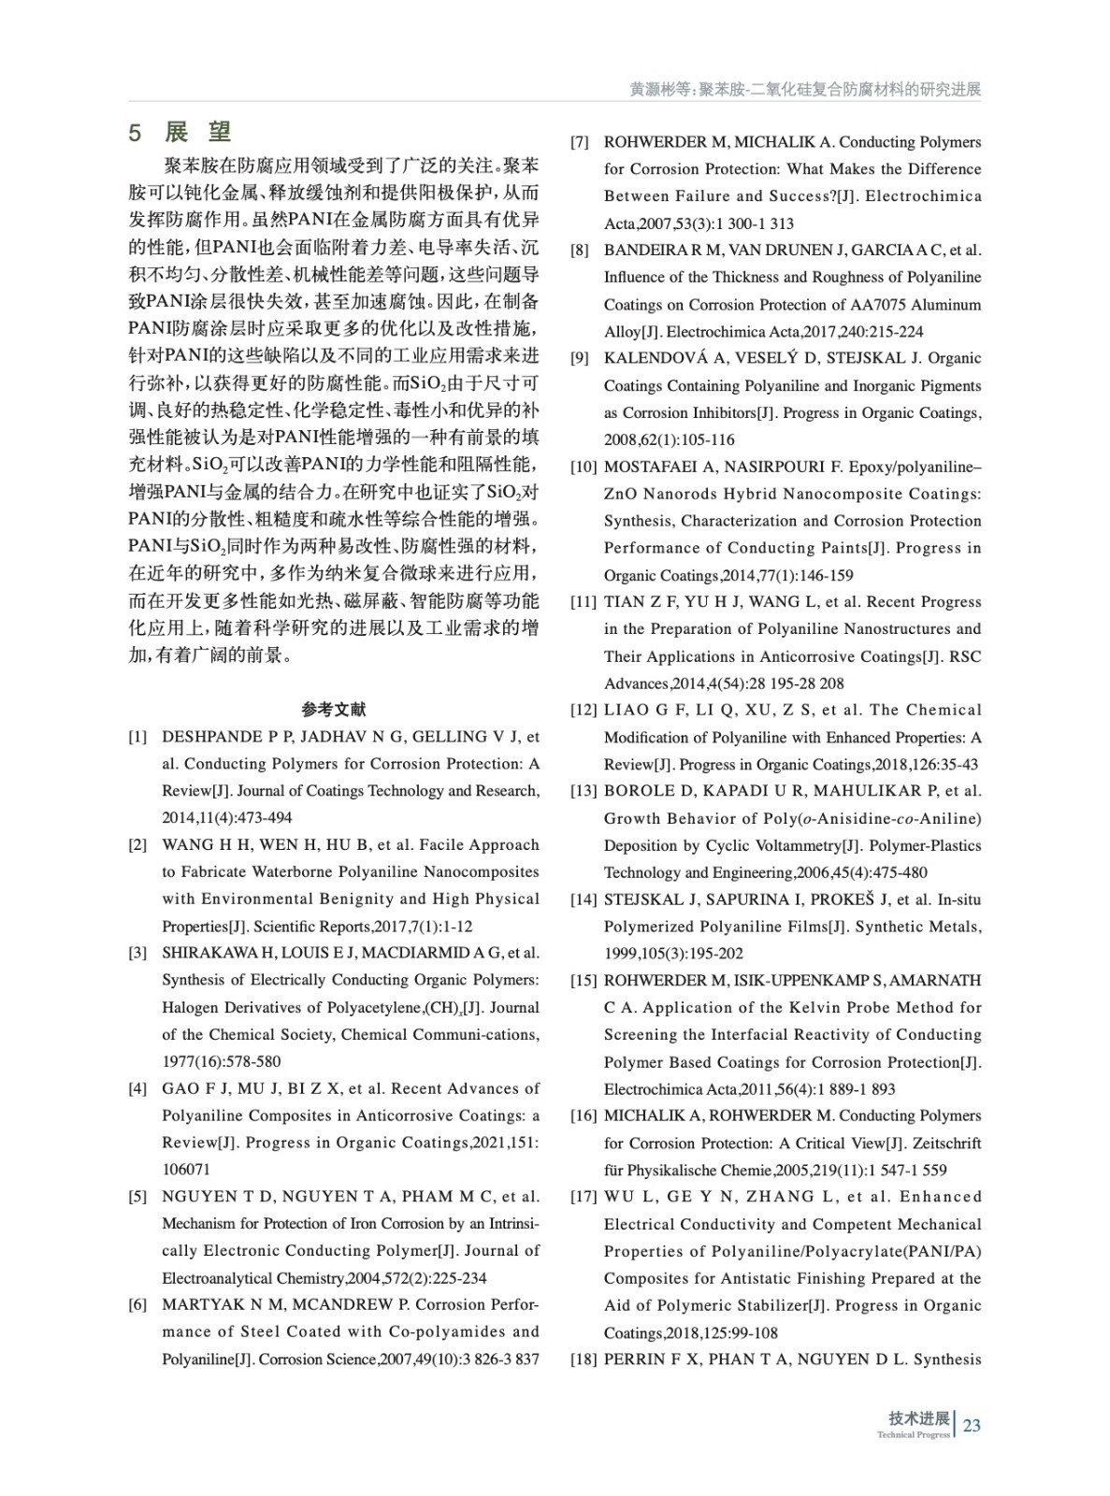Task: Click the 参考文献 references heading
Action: coord(334,710)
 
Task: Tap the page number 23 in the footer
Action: coord(972,1425)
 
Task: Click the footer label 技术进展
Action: coord(919,1418)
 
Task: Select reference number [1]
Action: coord(137,737)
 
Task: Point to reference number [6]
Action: coord(137,1304)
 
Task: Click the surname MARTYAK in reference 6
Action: coord(197,1304)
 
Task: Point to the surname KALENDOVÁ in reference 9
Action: coord(652,358)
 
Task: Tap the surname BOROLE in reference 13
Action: coord(639,791)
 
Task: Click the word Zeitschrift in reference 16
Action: coord(946,1143)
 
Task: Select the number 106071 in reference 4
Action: coord(186,1170)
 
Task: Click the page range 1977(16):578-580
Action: coord(222,1061)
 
